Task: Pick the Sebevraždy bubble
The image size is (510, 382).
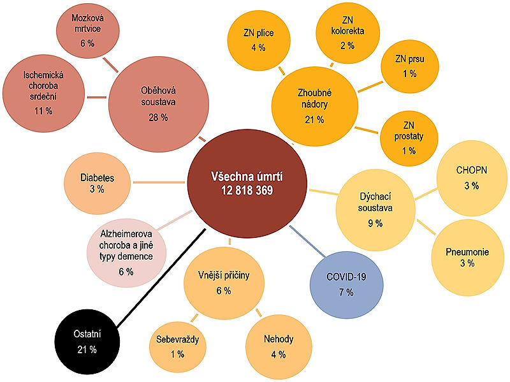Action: coord(177,345)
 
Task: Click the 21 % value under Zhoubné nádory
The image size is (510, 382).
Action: coord(314,119)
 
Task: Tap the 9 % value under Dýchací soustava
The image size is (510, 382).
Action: coord(375,223)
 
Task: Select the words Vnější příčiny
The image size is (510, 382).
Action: coord(224,276)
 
